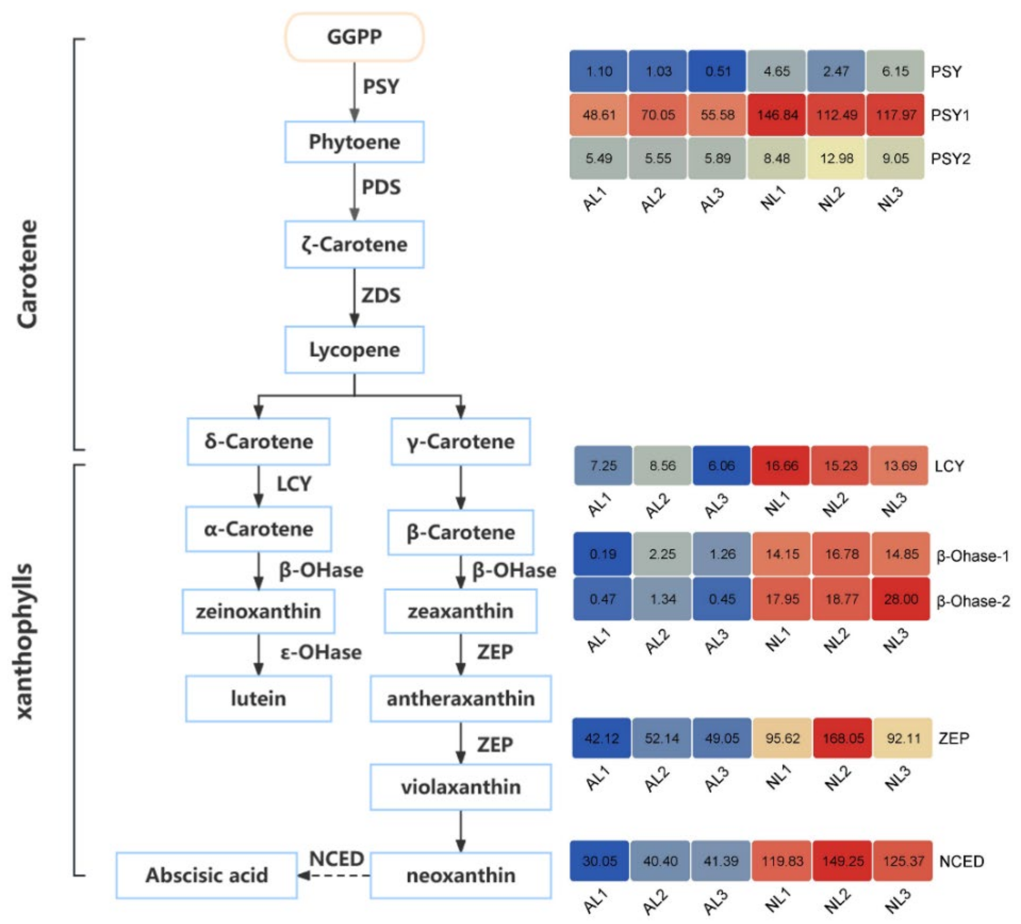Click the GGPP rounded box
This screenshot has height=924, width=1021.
click(354, 37)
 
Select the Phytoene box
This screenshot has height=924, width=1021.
click(354, 142)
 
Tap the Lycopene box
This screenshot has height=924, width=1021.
click(354, 349)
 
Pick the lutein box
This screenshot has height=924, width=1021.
click(258, 698)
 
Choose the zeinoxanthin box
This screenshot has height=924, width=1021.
click(258, 611)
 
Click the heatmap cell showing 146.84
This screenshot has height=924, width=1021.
click(777, 115)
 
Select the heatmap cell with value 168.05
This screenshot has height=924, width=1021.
click(842, 738)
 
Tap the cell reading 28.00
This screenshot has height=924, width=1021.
click(900, 599)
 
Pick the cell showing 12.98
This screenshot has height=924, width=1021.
click(836, 159)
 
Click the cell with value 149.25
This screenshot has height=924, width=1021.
click(842, 861)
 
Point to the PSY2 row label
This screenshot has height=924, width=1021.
click(950, 159)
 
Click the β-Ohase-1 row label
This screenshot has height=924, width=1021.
click(972, 556)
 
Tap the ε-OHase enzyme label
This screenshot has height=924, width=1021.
click(321, 652)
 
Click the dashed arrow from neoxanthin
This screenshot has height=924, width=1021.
click(334, 875)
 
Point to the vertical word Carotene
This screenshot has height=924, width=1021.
click(28, 274)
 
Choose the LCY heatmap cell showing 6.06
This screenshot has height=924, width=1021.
click(721, 466)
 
